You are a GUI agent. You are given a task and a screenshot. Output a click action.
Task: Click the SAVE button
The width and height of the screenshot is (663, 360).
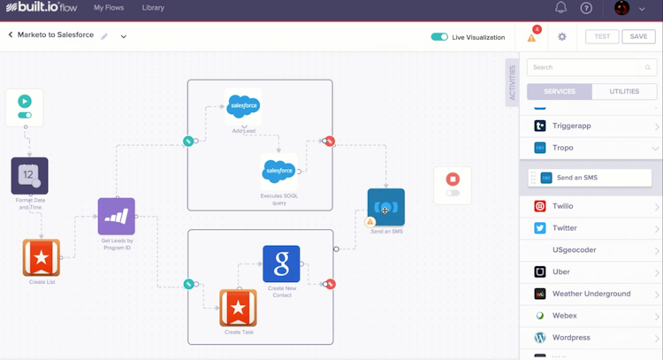point(638,37)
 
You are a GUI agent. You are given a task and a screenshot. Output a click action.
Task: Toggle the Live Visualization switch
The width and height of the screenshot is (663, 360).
point(439,37)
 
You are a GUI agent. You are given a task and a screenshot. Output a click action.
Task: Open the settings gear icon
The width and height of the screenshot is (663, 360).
point(562,37)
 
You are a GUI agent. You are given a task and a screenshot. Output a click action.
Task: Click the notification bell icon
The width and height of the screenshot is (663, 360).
point(560,8)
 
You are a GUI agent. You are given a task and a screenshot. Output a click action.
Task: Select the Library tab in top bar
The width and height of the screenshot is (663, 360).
point(153,8)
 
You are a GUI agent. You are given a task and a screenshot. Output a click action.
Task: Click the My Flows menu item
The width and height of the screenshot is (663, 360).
point(109,8)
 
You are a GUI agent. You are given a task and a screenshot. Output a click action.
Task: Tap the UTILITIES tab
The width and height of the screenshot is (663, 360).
point(624,91)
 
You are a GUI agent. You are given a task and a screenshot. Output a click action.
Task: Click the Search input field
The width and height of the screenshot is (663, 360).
point(586,67)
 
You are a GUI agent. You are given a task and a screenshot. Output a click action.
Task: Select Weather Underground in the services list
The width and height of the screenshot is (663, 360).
point(591,294)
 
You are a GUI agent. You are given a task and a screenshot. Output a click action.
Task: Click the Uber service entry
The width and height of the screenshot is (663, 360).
point(561,272)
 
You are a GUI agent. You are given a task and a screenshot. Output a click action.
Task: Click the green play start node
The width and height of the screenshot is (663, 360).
point(25,102)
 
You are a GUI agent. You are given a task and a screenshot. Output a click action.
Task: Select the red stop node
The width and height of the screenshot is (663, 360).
point(453,179)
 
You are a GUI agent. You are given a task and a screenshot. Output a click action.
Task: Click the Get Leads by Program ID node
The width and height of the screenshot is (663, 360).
point(117,216)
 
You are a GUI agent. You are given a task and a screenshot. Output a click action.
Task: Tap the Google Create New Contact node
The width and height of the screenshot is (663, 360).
point(281,264)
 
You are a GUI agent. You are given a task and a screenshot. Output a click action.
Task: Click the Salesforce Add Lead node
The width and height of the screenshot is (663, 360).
point(243,107)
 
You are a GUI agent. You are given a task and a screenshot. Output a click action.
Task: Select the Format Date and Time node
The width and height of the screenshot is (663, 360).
point(29,176)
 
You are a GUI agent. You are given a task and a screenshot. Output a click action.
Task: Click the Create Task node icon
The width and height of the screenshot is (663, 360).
point(238,308)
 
